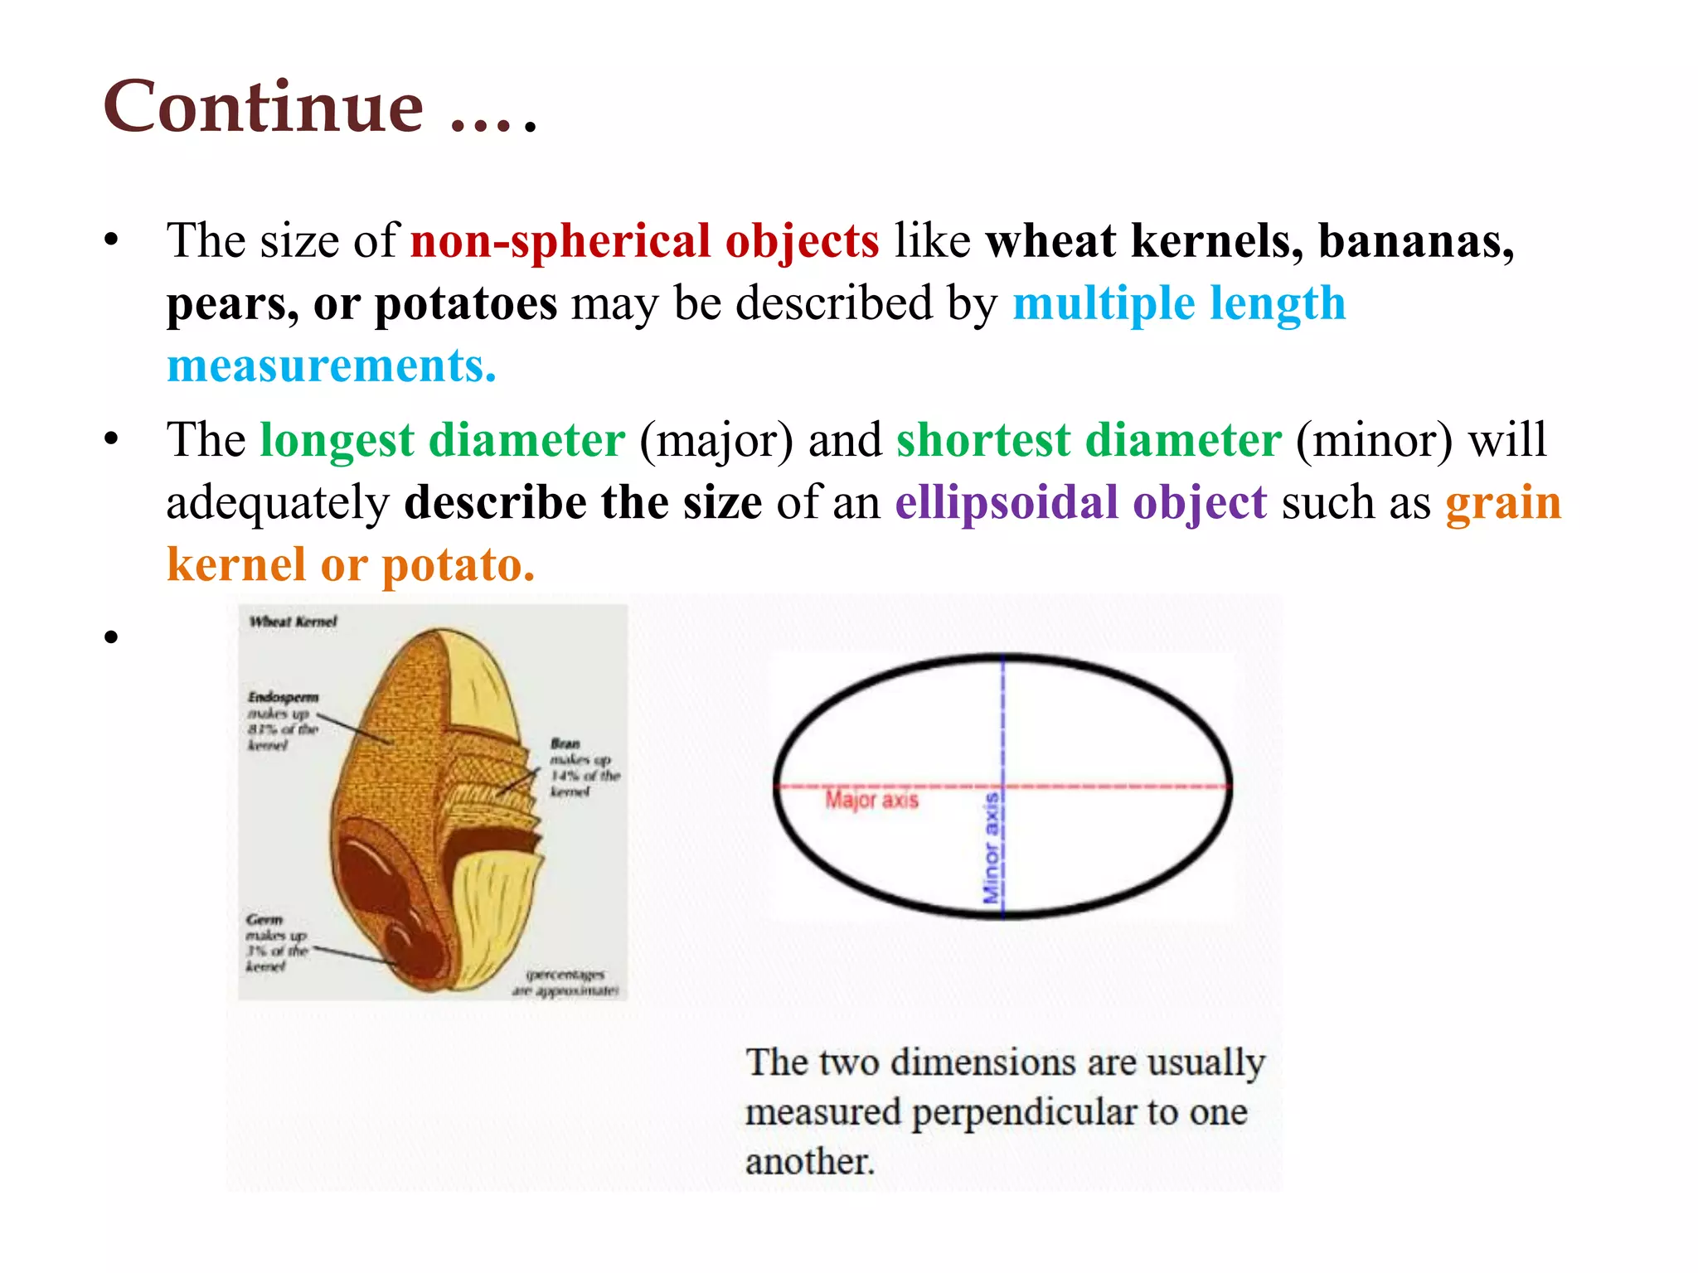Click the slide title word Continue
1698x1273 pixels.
point(264,107)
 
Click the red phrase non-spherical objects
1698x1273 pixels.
point(644,241)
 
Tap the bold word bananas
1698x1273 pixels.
point(1415,241)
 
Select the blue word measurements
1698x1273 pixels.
point(331,365)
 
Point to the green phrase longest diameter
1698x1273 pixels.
point(442,440)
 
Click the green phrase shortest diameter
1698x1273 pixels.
point(1089,440)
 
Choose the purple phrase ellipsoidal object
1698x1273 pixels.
point(1080,503)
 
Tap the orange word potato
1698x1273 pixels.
point(457,566)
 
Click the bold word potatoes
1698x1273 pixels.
point(466,303)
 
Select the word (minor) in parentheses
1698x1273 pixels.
point(1374,440)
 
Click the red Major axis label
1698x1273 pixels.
point(871,800)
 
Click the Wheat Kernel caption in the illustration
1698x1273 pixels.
point(293,622)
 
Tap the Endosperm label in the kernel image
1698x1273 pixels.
point(283,697)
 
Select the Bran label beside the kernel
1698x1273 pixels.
point(565,743)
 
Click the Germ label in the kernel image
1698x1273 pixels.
point(264,919)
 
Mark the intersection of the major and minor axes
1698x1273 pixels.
point(1003,785)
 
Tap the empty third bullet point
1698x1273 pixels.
point(112,636)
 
